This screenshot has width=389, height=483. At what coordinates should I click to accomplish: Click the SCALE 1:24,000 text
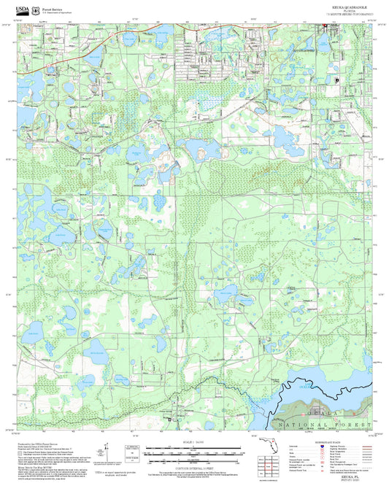194,444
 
